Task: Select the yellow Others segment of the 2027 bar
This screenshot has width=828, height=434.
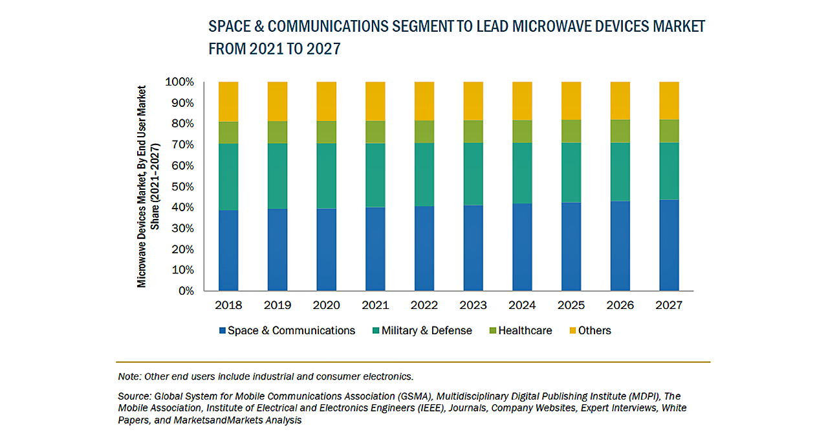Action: pyautogui.click(x=669, y=100)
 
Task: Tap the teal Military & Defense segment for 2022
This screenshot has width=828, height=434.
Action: pyautogui.click(x=424, y=174)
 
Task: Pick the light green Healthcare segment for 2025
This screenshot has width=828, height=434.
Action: pyautogui.click(x=571, y=131)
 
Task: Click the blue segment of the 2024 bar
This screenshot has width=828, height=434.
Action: pyautogui.click(x=522, y=247)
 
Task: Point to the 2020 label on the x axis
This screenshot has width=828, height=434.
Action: pyautogui.click(x=326, y=305)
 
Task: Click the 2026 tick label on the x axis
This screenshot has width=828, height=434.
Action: pyautogui.click(x=620, y=305)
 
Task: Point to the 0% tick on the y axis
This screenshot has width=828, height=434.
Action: pyautogui.click(x=186, y=291)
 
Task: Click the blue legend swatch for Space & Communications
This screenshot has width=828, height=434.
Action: pyautogui.click(x=223, y=331)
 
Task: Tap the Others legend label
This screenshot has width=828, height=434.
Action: pyautogui.click(x=594, y=330)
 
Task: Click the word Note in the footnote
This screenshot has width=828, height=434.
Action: pyautogui.click(x=129, y=376)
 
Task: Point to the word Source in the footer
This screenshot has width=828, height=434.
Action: pyautogui.click(x=134, y=396)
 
